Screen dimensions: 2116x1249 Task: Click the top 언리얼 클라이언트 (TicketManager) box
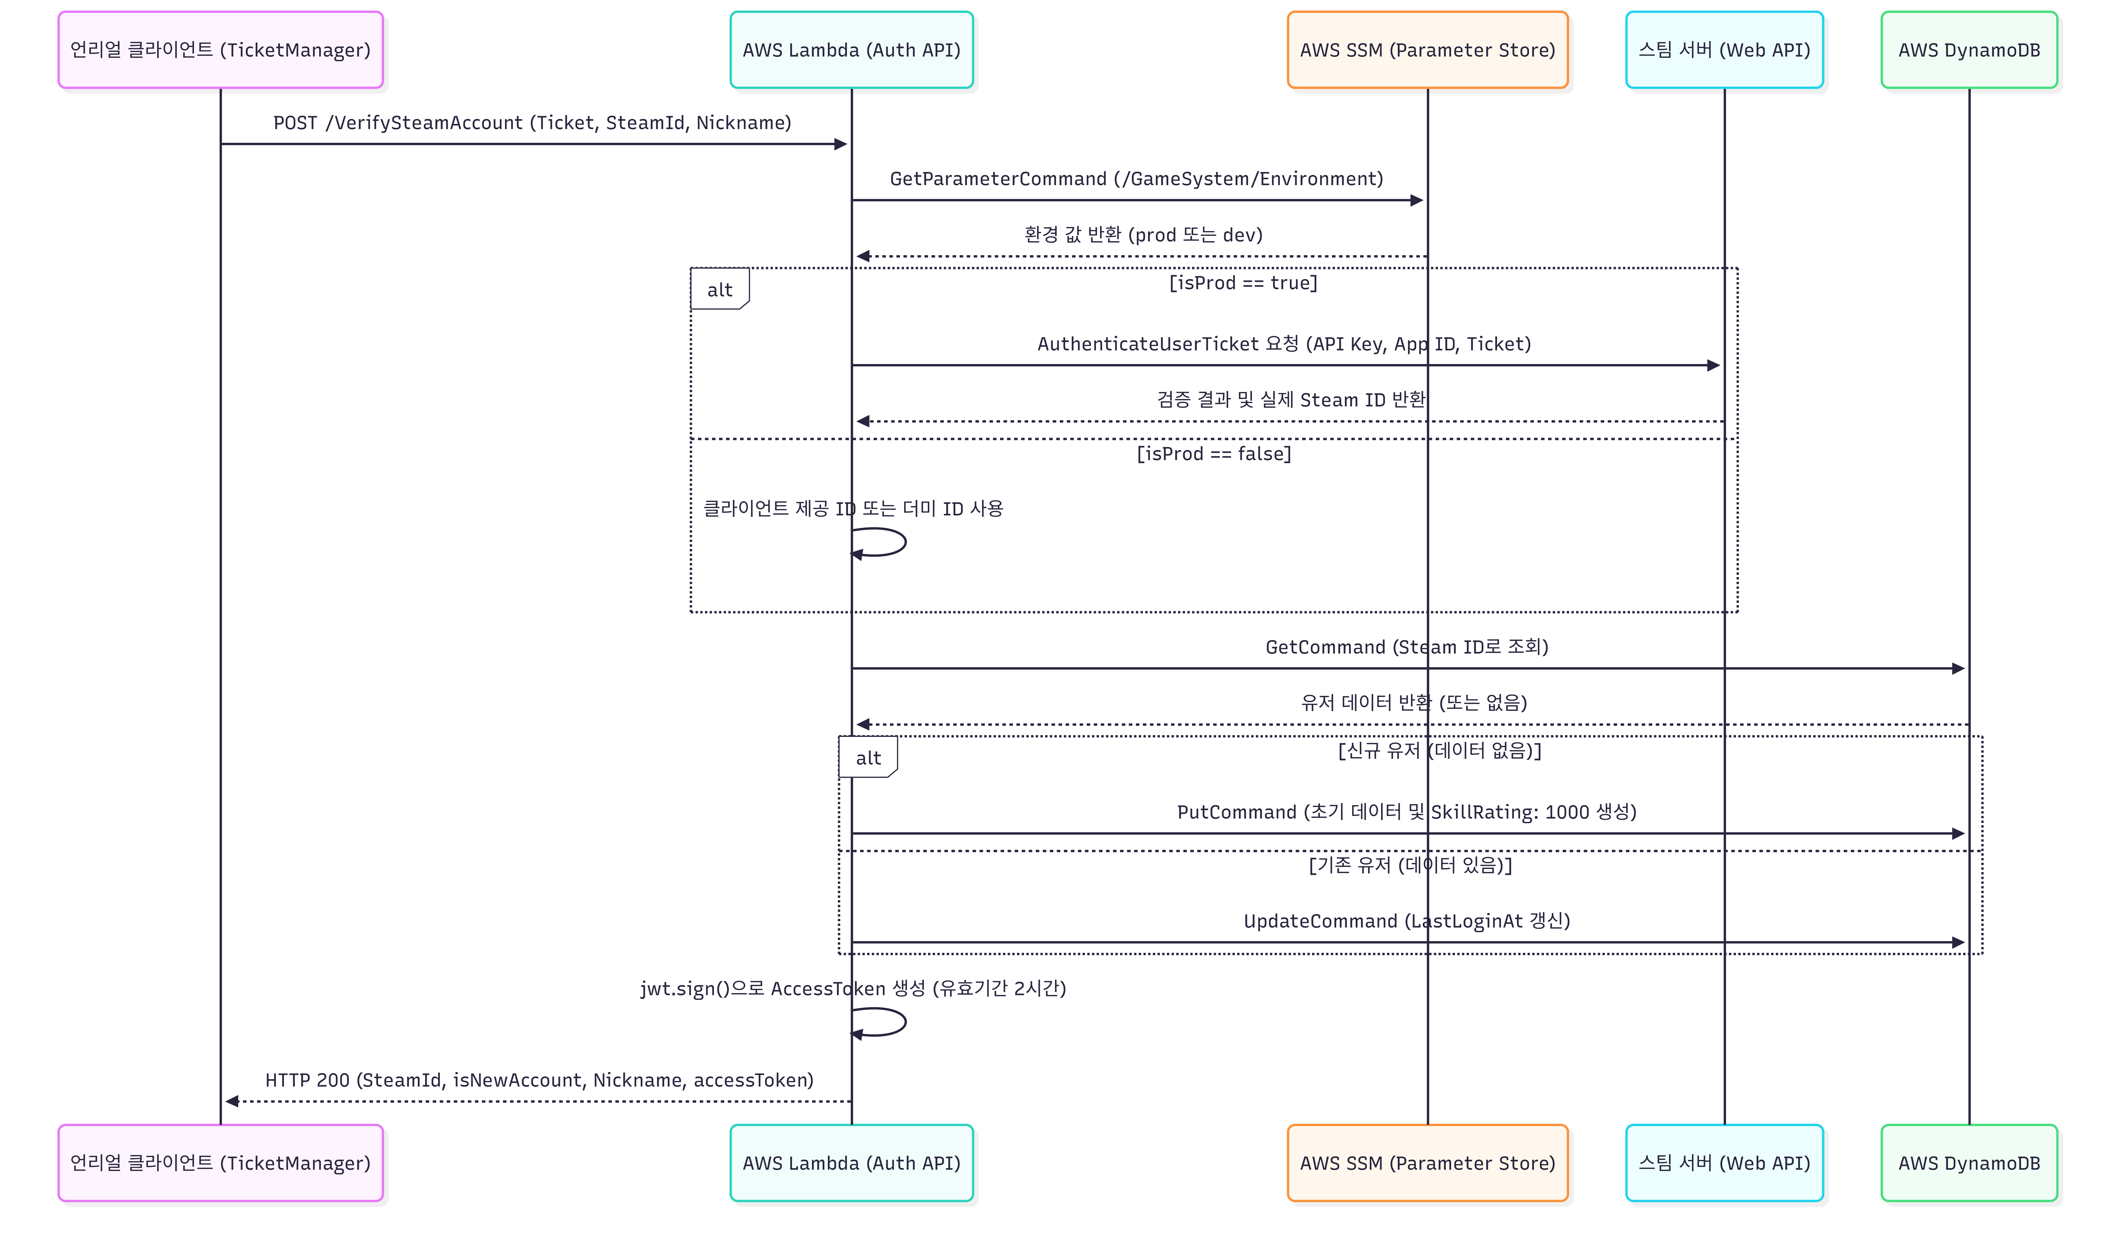tap(221, 50)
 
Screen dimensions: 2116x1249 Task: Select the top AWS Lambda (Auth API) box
tap(851, 50)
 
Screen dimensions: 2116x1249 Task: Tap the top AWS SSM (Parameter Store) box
tap(1427, 50)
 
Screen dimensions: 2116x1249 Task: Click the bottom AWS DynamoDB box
tap(1969, 1162)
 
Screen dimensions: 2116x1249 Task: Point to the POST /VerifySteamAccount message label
tap(532, 123)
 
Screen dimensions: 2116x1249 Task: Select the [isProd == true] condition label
tap(1243, 283)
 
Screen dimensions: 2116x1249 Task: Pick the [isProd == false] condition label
tap(1213, 454)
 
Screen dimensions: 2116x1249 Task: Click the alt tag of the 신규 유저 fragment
tap(868, 757)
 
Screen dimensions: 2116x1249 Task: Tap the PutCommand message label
tap(1406, 811)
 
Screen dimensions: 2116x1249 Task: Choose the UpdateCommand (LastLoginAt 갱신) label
tap(1406, 921)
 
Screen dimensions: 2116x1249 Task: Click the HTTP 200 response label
tap(539, 1080)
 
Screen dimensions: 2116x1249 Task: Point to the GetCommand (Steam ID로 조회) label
tap(1406, 646)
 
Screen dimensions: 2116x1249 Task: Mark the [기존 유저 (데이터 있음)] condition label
tap(1409, 864)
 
